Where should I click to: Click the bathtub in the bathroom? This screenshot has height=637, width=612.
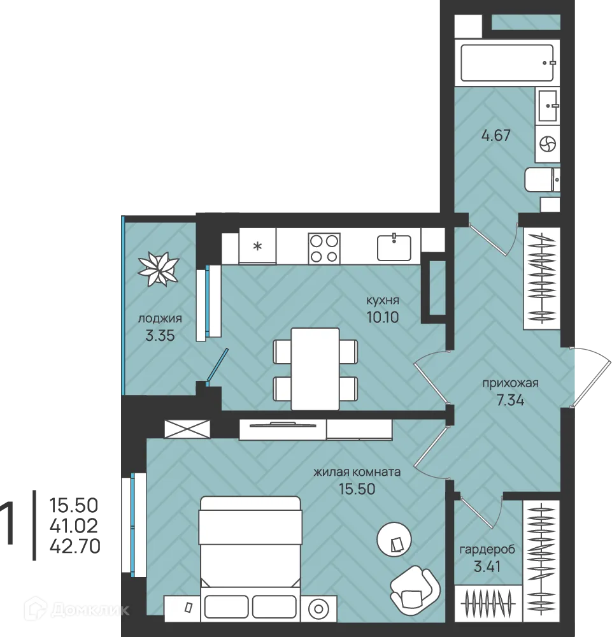point(507,62)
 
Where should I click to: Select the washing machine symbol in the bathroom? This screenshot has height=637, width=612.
point(548,144)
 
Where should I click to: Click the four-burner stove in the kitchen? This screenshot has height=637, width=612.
point(324,248)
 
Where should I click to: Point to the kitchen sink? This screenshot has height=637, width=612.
point(394,247)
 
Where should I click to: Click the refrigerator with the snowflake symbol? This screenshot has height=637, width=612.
point(257,246)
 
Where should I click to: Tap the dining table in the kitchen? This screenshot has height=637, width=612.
point(315,369)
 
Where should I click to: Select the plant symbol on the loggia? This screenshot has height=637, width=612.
point(158,269)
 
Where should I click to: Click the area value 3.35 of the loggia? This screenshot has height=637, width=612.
point(160,336)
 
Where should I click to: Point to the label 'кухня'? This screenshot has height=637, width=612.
point(383,301)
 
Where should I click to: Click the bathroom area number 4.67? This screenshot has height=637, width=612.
point(496,135)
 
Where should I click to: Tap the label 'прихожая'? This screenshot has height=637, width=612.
point(511,383)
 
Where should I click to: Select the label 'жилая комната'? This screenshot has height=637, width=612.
point(357,472)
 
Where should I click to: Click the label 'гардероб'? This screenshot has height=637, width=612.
point(487,550)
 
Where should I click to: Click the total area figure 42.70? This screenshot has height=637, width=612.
point(75,547)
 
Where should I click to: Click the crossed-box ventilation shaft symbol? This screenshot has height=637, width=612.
point(187,429)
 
